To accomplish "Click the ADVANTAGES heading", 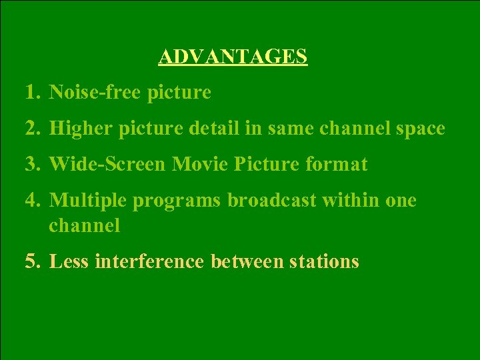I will pyautogui.click(x=233, y=57).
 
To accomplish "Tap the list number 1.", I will pyautogui.click(x=31, y=93).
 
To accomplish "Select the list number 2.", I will pyautogui.click(x=32, y=128).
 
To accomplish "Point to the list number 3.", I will pyautogui.click(x=32, y=164).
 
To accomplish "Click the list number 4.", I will pyautogui.click(x=32, y=200).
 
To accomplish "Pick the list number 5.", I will pyautogui.click(x=32, y=261).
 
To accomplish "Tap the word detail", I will pyautogui.click(x=215, y=128).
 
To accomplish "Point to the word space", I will pyautogui.click(x=419, y=128).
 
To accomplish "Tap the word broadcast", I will pyautogui.click(x=271, y=200).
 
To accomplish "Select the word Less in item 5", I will pyautogui.click(x=69, y=261).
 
